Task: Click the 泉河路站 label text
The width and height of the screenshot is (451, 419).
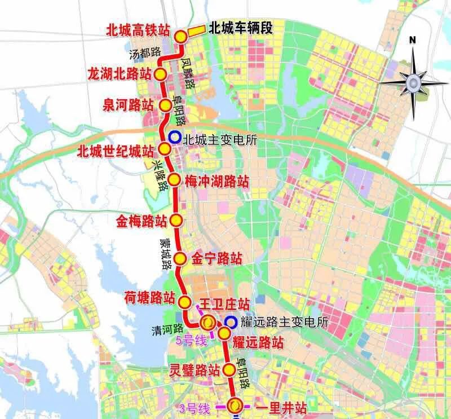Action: [x=129, y=105]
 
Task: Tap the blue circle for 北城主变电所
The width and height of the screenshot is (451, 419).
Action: [x=175, y=136]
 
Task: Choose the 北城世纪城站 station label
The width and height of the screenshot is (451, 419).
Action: [x=116, y=151]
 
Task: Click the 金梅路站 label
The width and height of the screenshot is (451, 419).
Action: [x=142, y=220]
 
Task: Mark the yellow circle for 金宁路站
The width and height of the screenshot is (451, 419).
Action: [x=180, y=259]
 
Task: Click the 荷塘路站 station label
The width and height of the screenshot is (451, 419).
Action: [x=149, y=298]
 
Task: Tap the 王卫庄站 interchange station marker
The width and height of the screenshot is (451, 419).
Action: [x=207, y=323]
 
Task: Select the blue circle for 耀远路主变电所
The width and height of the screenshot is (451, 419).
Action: [x=230, y=323]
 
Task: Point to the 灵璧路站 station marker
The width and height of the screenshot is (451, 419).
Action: [x=228, y=370]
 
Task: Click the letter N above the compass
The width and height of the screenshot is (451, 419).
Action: [x=413, y=39]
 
